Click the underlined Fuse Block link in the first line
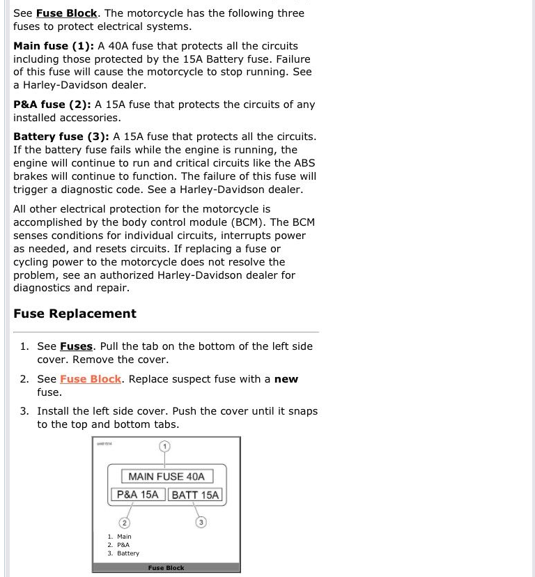tap(67, 13)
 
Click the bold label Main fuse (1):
tap(53, 46)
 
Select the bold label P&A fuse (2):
tap(52, 105)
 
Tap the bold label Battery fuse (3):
tap(61, 137)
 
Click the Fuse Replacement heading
tap(75, 314)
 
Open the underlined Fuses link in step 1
tap(76, 346)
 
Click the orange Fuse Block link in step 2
tap(91, 379)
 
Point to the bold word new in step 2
tap(286, 379)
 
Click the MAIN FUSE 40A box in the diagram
tap(166, 477)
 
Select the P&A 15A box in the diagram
tap(138, 495)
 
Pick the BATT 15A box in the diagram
tap(195, 495)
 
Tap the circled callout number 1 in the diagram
tap(164, 446)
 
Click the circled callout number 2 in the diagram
tap(124, 522)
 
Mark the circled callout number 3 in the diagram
tap(201, 522)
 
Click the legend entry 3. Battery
tap(123, 553)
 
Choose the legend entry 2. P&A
tap(118, 545)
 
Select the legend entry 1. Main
tap(119, 537)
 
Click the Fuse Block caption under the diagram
tap(166, 568)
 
